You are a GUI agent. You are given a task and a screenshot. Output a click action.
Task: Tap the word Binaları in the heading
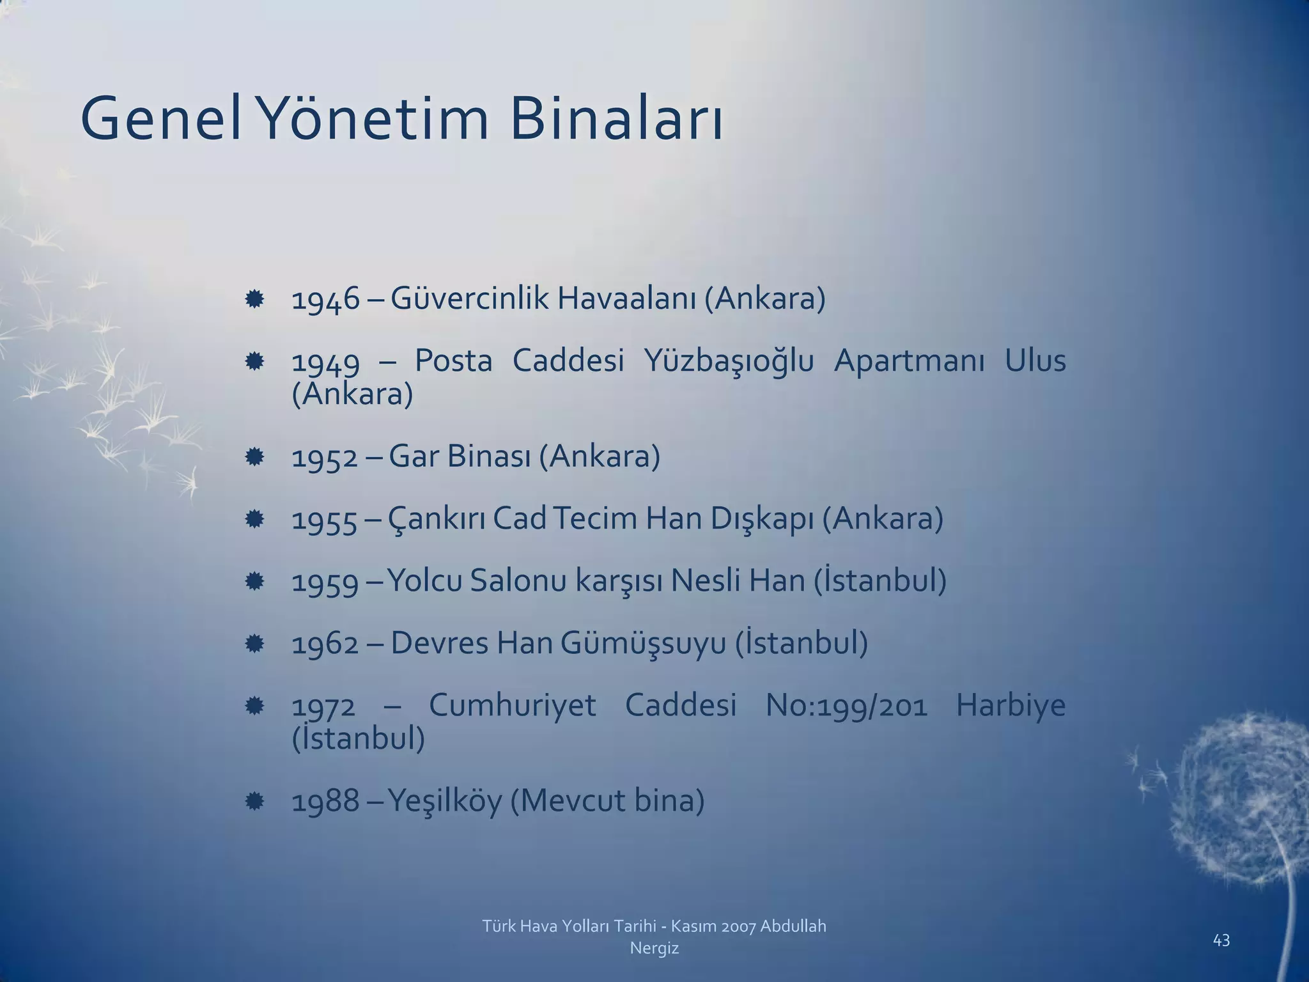(616, 120)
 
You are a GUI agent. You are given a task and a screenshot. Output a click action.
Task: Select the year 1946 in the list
(325, 299)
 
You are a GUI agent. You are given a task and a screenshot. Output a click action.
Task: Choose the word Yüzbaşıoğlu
(729, 362)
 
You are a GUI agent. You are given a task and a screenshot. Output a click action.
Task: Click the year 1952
(325, 458)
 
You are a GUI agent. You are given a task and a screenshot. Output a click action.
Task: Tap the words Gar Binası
(460, 456)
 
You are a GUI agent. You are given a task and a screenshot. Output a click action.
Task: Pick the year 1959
(325, 582)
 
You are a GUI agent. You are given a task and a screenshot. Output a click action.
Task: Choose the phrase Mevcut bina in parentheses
(607, 801)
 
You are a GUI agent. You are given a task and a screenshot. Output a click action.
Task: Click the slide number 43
(1221, 940)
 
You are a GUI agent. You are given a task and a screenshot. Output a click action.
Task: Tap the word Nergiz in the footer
(654, 948)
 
